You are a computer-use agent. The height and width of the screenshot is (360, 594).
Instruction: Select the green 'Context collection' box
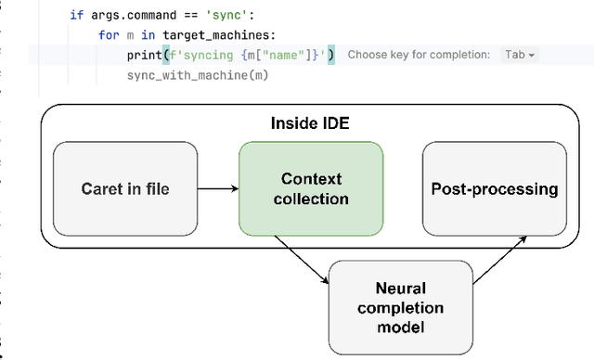[x=311, y=188]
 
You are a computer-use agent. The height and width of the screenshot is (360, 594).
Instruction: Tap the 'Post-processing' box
[x=495, y=189]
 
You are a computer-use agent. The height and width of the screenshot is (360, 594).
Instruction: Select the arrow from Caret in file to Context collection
[x=217, y=189]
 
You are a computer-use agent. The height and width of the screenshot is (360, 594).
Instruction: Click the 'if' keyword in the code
[x=76, y=16]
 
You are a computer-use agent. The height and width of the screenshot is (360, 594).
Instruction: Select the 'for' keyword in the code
[x=108, y=35]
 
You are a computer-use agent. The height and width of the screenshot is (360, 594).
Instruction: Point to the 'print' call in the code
[x=144, y=55]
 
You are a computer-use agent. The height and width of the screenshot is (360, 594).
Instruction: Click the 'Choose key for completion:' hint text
[x=419, y=55]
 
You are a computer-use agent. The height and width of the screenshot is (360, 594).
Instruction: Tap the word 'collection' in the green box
[x=311, y=199]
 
